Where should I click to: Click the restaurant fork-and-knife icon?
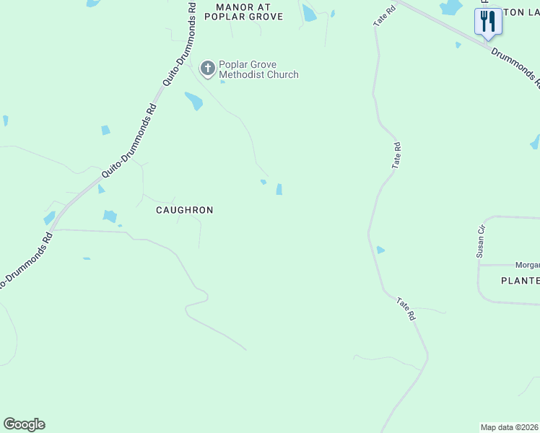[x=488, y=21]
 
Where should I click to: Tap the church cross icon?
[x=207, y=69]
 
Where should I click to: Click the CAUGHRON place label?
[x=185, y=210]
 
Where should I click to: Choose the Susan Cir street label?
[x=479, y=240]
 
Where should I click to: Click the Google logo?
[x=24, y=424]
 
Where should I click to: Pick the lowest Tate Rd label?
[x=406, y=308]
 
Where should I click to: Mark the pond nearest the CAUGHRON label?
[x=110, y=215]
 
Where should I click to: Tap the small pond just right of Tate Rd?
[x=380, y=250]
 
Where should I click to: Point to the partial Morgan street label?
[x=527, y=265]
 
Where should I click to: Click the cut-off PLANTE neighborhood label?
[x=520, y=280]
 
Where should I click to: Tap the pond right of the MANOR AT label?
[x=309, y=13]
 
